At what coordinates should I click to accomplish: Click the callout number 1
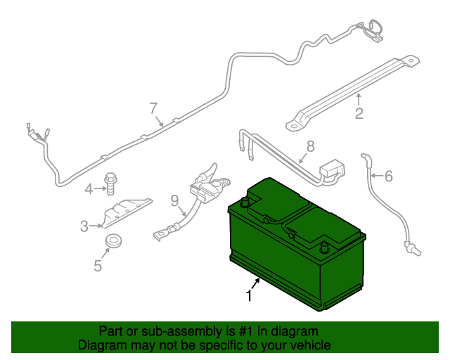248,295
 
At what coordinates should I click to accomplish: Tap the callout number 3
84,226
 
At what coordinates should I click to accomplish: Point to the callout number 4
89,188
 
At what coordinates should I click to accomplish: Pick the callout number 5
98,265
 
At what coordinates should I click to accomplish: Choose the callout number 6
389,176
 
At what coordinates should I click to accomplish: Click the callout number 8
310,147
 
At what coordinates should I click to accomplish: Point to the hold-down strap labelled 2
352,81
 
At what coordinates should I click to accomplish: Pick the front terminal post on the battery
324,248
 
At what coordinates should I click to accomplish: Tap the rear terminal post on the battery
245,202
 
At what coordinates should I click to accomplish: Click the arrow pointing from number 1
257,283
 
